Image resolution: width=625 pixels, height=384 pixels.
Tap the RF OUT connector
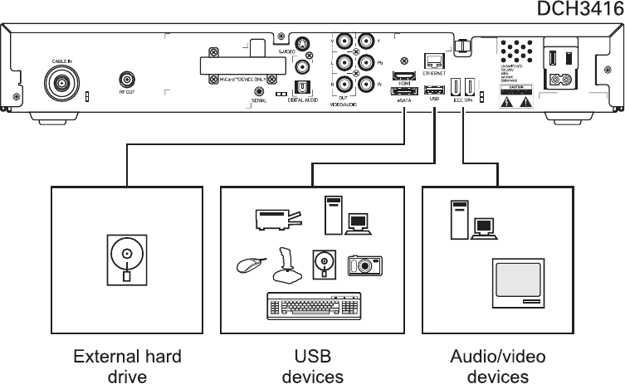[x=127, y=80]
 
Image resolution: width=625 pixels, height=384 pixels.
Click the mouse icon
[x=248, y=265]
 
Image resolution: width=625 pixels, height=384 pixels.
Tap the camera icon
[x=364, y=265]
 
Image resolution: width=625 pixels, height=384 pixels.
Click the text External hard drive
[x=127, y=367]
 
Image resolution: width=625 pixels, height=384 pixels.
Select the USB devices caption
[x=312, y=367]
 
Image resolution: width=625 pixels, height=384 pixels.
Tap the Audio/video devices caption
[x=497, y=367]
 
